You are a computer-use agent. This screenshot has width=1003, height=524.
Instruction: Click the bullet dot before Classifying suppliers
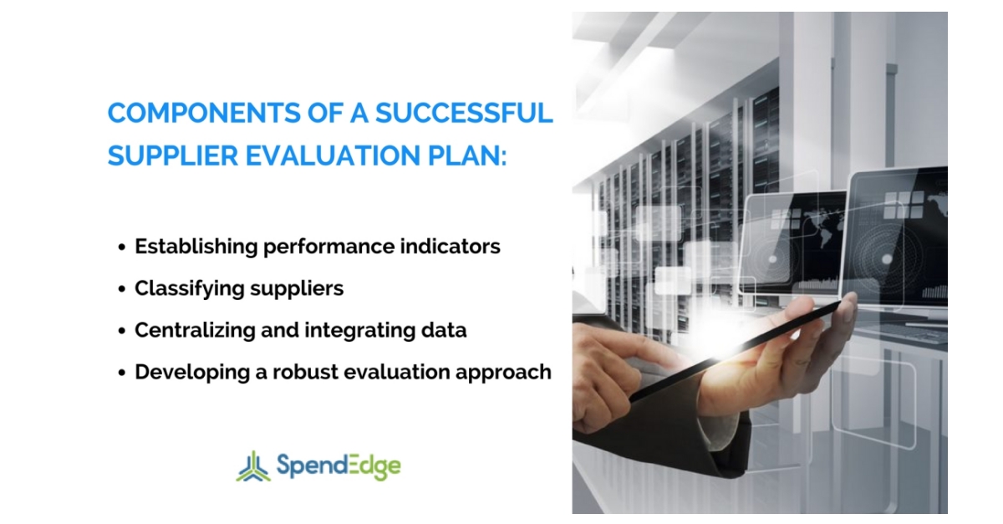[x=122, y=289]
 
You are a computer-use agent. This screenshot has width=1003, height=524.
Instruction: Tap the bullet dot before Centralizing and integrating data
[x=122, y=331]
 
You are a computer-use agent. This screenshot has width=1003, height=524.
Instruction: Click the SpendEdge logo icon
[x=252, y=465]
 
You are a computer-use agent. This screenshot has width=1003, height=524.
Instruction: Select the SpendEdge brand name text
[x=338, y=465]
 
